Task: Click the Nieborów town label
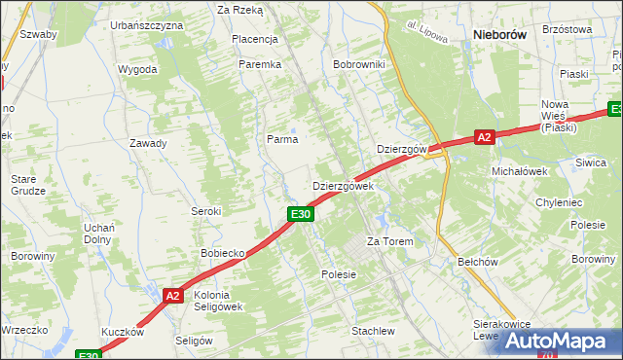pyautogui.click(x=498, y=34)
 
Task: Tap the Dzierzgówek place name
pyautogui.click(x=343, y=186)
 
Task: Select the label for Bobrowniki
pyautogui.click(x=359, y=64)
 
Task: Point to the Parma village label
pyautogui.click(x=282, y=139)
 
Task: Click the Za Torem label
pyautogui.click(x=389, y=241)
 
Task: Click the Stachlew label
pyautogui.click(x=373, y=331)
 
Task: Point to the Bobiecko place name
pyautogui.click(x=222, y=253)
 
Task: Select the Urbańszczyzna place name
pyautogui.click(x=146, y=24)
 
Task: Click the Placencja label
pyautogui.click(x=255, y=39)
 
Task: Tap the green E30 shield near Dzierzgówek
pyautogui.click(x=300, y=214)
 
